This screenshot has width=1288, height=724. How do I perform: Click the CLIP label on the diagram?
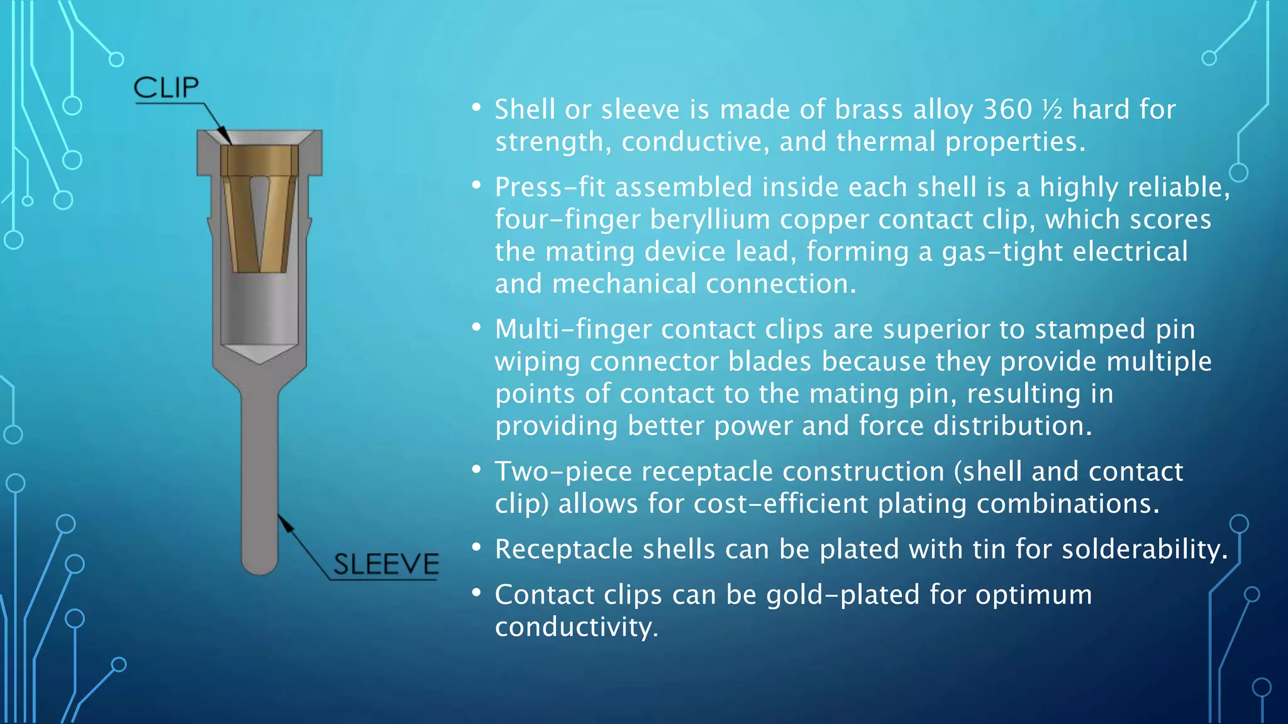click(x=166, y=88)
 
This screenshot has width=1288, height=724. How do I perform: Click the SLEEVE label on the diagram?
click(x=386, y=564)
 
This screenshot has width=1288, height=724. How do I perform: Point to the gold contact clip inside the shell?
click(x=259, y=207)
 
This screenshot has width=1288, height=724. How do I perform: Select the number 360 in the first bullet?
click(x=1008, y=109)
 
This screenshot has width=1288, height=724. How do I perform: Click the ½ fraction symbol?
click(x=1052, y=109)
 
